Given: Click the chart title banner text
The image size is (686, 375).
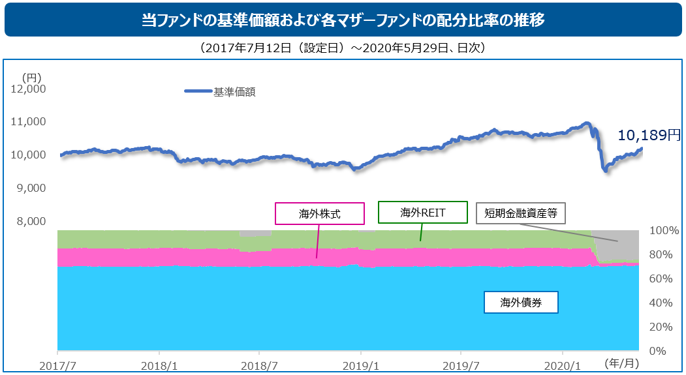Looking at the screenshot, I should point(343,20).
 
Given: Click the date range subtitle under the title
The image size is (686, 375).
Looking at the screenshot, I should point(343,48).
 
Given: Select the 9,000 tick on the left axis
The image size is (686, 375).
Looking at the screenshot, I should point(30,188).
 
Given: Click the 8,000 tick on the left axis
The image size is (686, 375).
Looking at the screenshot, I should point(30,221).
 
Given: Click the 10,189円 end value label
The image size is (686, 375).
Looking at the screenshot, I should point(649,135).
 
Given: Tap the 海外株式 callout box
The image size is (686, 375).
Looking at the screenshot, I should point(320,213).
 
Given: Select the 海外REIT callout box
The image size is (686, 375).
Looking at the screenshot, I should point(423,212).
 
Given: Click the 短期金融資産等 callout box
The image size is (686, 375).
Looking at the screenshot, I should point(520,213).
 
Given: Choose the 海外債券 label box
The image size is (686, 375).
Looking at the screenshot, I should point(520,302).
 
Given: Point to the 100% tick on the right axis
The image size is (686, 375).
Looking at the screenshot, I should point(663,231).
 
